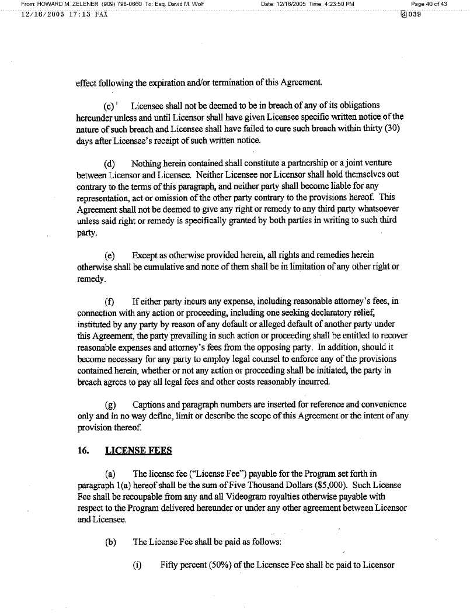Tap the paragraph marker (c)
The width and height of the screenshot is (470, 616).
[109, 106]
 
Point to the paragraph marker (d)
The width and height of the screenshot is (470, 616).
[109, 162]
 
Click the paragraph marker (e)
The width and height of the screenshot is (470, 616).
[109, 256]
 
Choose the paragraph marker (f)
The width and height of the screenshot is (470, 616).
[109, 302]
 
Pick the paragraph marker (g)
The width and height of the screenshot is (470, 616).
[109, 405]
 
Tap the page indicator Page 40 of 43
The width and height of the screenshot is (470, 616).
[429, 4]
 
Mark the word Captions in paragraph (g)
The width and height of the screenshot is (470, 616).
[150, 405]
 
